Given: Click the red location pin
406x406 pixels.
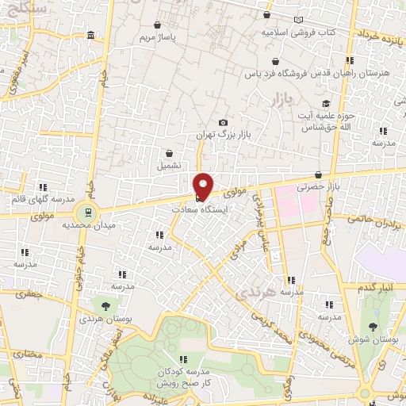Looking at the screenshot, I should pyautogui.click(x=204, y=186).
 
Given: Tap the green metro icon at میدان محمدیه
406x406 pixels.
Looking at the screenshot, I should pyautogui.click(x=85, y=212).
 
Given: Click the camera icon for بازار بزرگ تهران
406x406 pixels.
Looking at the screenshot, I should pyautogui.click(x=223, y=122).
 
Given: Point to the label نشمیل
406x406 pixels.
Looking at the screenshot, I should pyautogui.click(x=169, y=166).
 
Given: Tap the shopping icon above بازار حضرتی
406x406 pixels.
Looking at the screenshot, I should pyautogui.click(x=318, y=175).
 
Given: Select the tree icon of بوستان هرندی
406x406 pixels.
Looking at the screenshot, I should pyautogui.click(x=104, y=304).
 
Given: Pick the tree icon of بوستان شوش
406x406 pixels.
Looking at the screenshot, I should pyautogui.click(x=372, y=326).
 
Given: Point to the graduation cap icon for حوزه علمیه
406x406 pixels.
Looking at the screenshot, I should pyautogui.click(x=325, y=103).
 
